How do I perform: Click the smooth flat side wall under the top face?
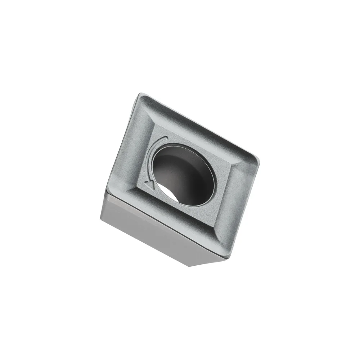(x=151, y=230)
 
